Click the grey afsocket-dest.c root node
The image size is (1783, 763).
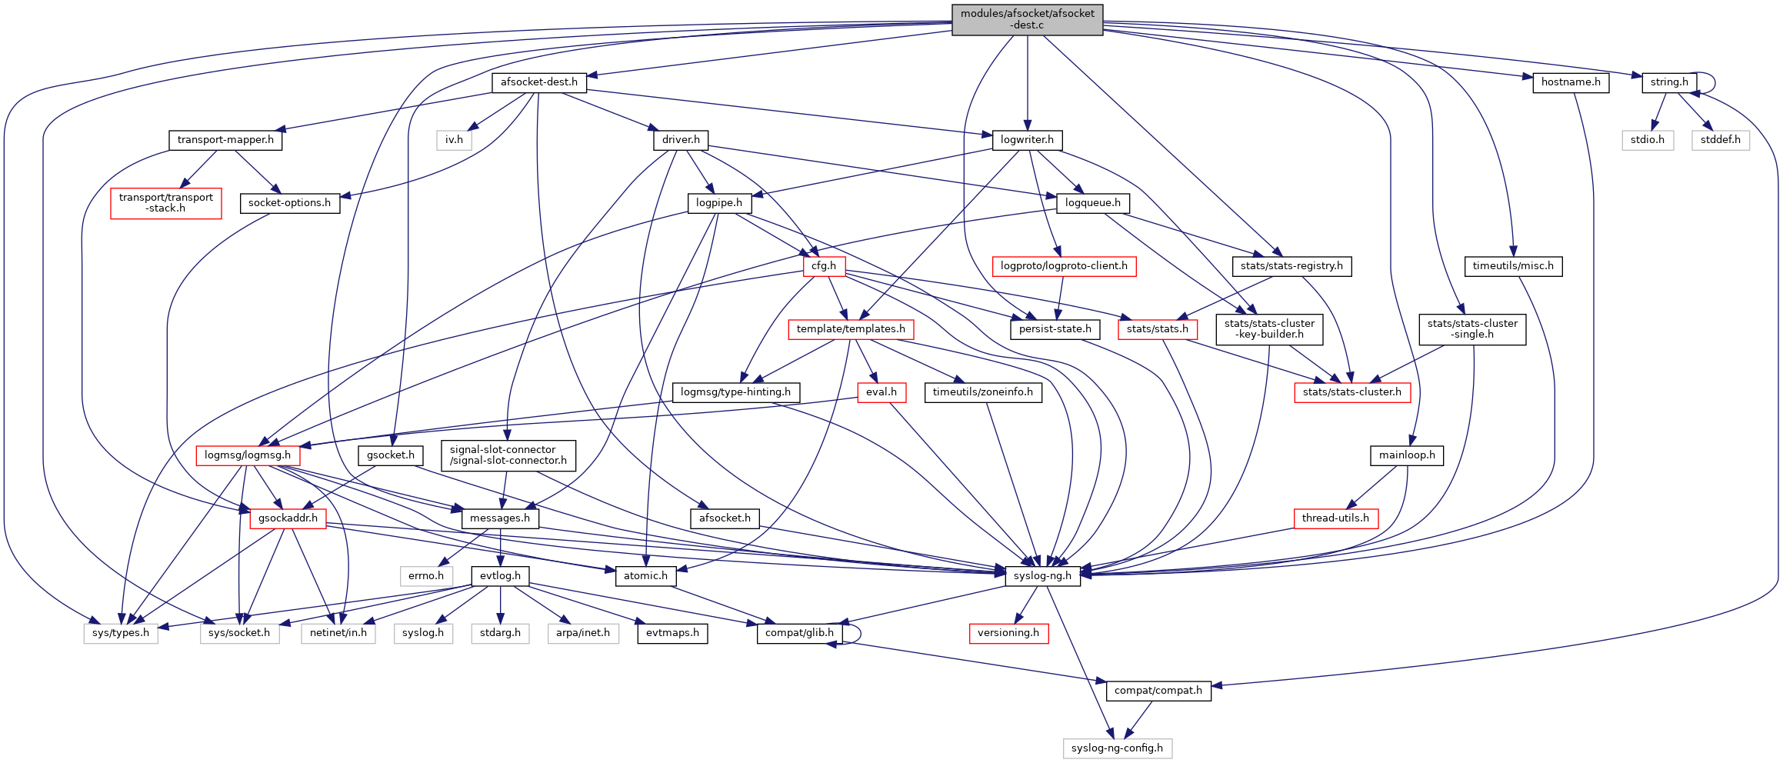tap(1027, 19)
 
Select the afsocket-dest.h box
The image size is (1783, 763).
tap(538, 82)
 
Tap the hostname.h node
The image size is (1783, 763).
tap(1570, 82)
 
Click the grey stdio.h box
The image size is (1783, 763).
tap(1647, 140)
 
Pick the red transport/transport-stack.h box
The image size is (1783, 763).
tap(166, 203)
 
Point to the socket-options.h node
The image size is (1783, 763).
tap(289, 203)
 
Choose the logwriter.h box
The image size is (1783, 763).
tap(1027, 140)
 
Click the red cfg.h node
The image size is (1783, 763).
tap(823, 266)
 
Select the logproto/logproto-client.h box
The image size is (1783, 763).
tap(1064, 266)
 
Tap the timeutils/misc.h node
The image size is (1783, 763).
tap(1512, 266)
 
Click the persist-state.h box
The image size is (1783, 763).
tap(1055, 329)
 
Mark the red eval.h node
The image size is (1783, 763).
tap(881, 392)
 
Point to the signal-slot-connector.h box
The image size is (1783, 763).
tap(508, 455)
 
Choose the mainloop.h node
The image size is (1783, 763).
tap(1406, 455)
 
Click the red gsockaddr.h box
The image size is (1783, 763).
tap(288, 518)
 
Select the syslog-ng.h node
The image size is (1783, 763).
tap(1042, 576)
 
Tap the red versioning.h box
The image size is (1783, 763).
tap(1008, 633)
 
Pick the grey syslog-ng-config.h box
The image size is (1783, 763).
tap(1117, 748)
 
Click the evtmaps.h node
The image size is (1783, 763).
tap(672, 633)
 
